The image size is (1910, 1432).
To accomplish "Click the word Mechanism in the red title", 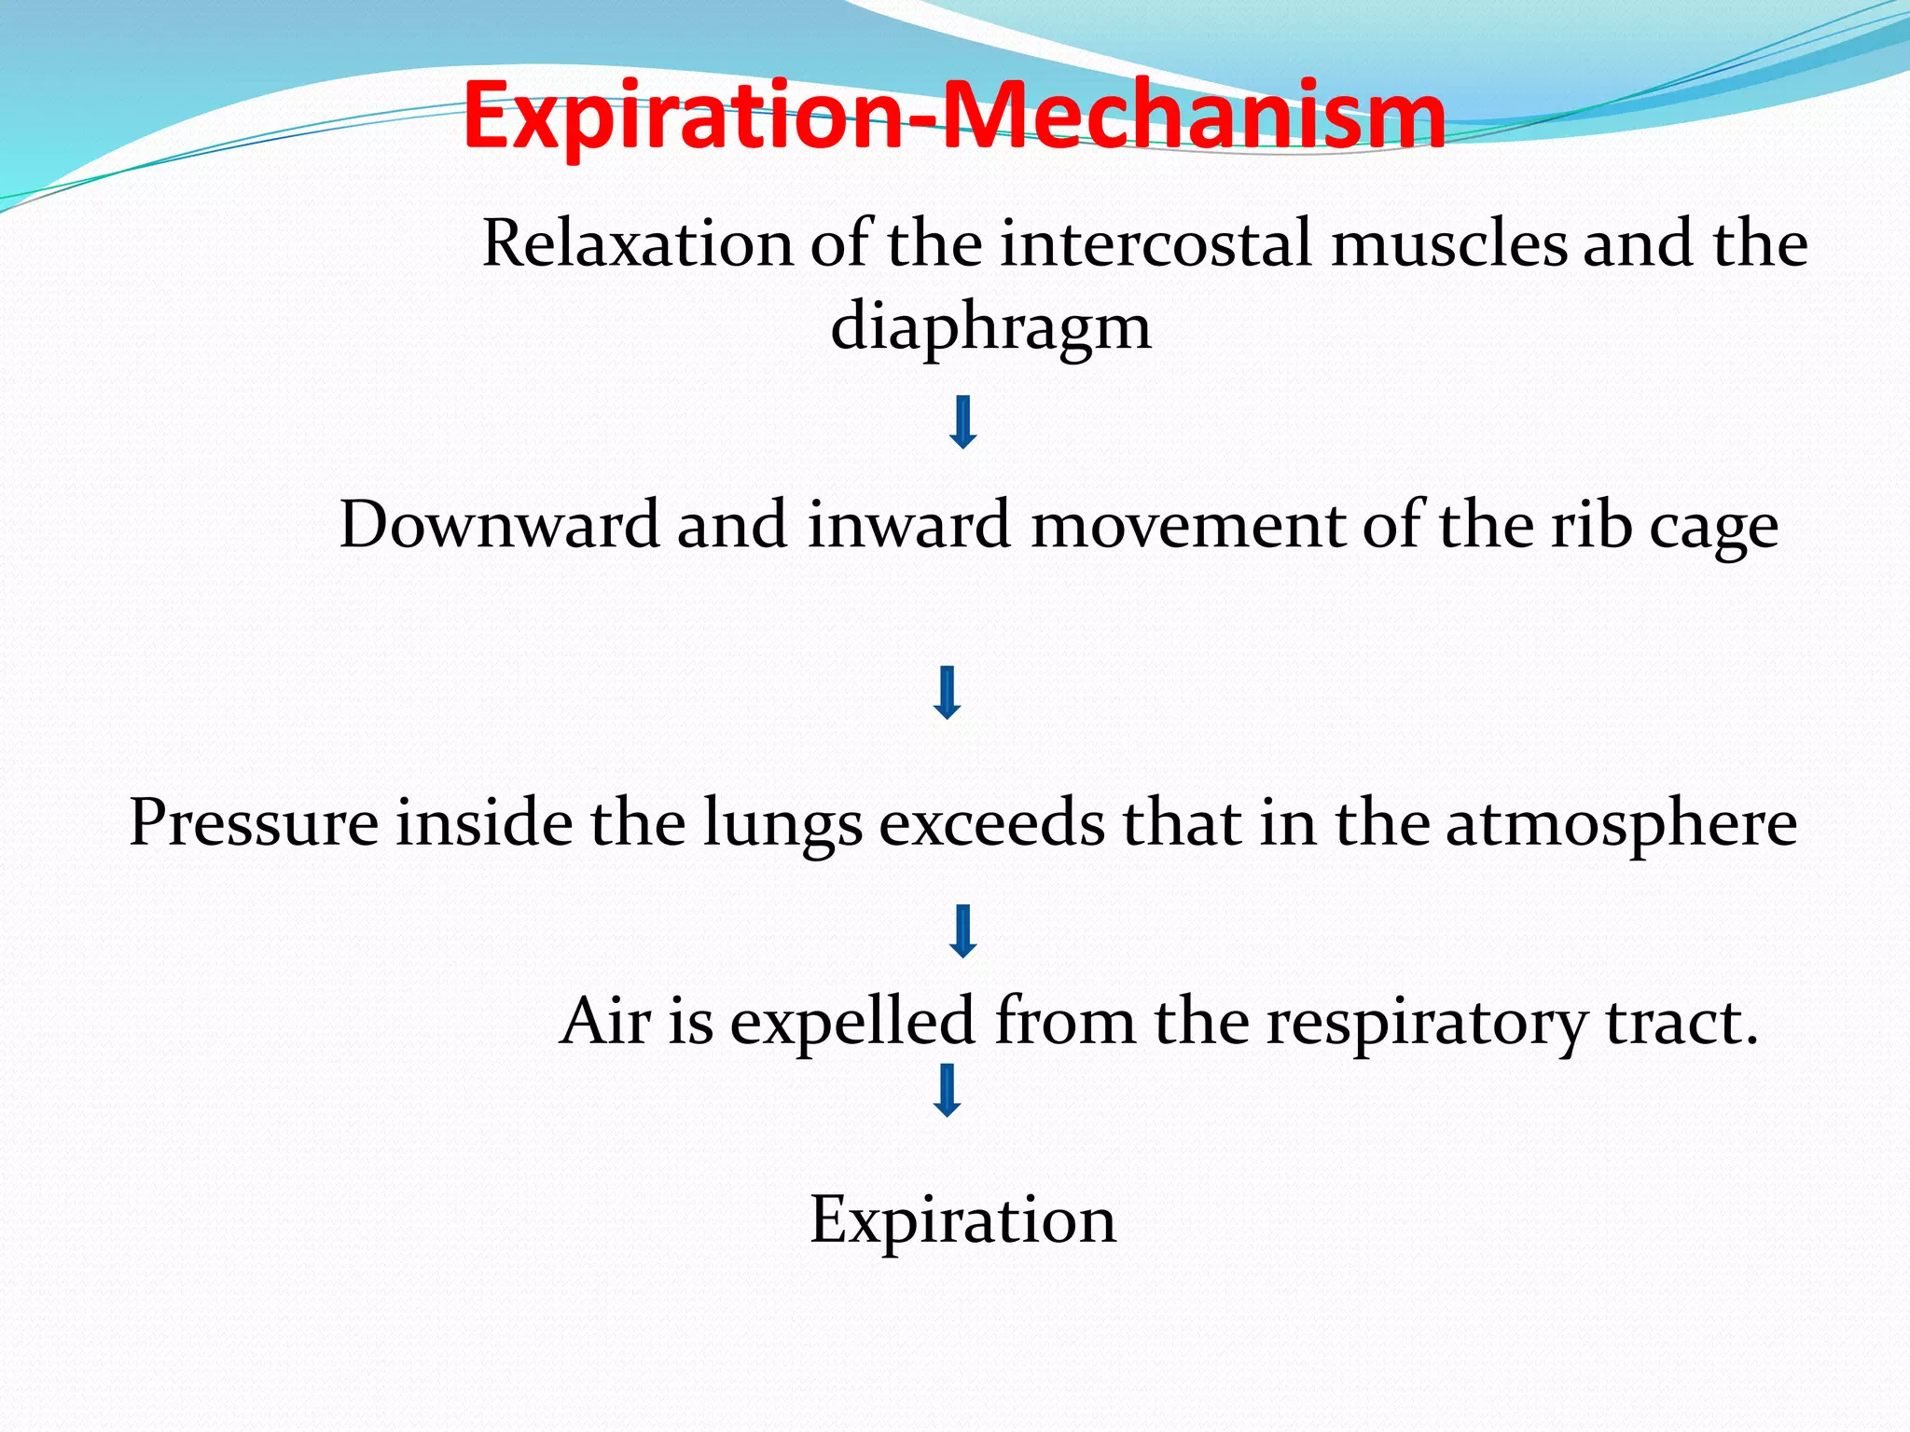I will (x=1194, y=116).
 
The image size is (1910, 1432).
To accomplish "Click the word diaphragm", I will (x=990, y=328).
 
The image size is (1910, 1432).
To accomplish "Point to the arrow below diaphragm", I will (x=962, y=422).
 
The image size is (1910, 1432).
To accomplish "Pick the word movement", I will (x=1187, y=524).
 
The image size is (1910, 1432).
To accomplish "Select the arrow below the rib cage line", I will (x=948, y=693).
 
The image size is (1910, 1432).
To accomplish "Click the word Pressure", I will (x=253, y=823).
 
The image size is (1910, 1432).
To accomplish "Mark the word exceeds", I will (x=992, y=823).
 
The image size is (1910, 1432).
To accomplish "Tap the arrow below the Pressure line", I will (x=962, y=931).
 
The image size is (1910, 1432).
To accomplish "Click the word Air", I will (x=604, y=1021).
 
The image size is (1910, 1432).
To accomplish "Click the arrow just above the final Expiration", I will (x=948, y=1091).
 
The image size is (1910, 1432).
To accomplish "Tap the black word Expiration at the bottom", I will (x=962, y=1220).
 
